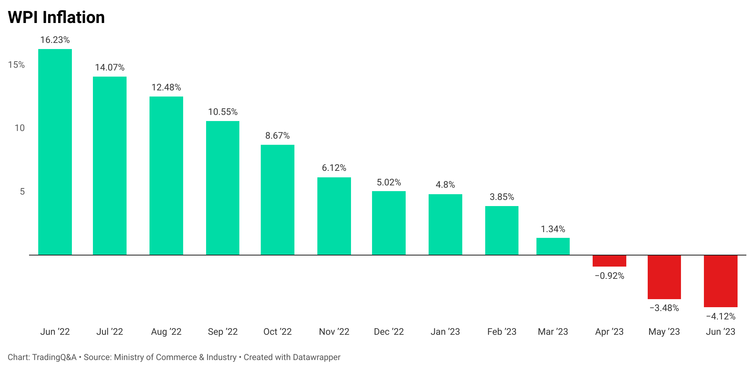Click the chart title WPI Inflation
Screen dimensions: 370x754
pyautogui.click(x=56, y=18)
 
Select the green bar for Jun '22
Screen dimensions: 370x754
pyautogui.click(x=55, y=152)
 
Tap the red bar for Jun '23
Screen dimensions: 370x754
pyautogui.click(x=720, y=281)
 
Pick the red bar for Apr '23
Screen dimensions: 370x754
pyautogui.click(x=609, y=261)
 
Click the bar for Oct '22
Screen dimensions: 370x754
pyautogui.click(x=278, y=200)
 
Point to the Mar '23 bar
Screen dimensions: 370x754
pyautogui.click(x=553, y=246)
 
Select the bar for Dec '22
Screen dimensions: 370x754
pyautogui.click(x=389, y=223)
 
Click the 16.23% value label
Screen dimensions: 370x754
pyautogui.click(x=55, y=40)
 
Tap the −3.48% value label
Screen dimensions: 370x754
pyautogui.click(x=664, y=308)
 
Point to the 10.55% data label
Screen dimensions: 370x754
pyautogui.click(x=223, y=112)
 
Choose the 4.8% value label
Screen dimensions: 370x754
pyautogui.click(x=445, y=185)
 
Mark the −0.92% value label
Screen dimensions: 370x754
pyautogui.click(x=609, y=276)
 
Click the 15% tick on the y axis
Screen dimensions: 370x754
pyautogui.click(x=16, y=65)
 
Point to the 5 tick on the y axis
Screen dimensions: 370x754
pyautogui.click(x=22, y=192)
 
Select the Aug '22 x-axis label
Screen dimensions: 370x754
pyautogui.click(x=166, y=332)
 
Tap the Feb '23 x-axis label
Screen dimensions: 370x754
pyautogui.click(x=502, y=332)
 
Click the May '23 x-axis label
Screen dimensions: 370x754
pyautogui.click(x=664, y=332)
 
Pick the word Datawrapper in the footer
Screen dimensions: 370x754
pyautogui.click(x=316, y=357)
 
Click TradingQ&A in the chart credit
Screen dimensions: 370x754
pyautogui.click(x=54, y=357)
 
